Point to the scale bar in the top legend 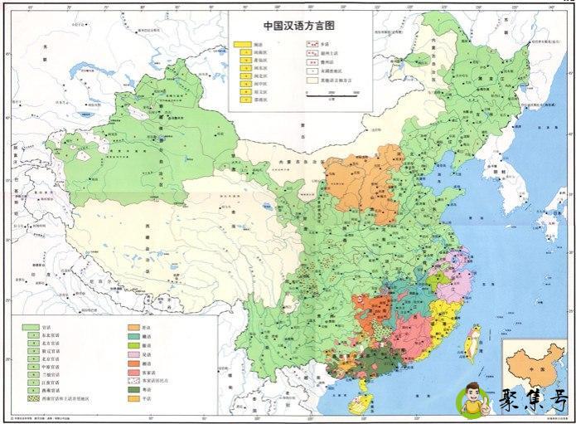(x=324, y=95)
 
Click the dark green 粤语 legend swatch (x=133, y=389)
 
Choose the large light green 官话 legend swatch (x=30, y=326)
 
